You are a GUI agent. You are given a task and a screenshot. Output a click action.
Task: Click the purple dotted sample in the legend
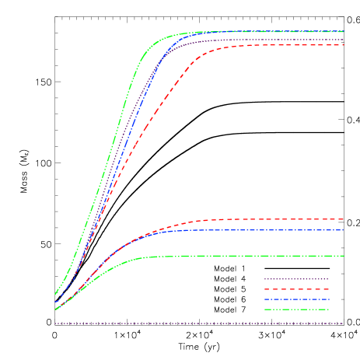click(x=295, y=279)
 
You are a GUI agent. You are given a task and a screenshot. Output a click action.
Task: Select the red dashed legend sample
click(x=295, y=289)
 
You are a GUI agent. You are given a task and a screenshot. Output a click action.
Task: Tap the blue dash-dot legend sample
click(x=295, y=299)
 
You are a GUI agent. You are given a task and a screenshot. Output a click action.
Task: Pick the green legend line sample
click(x=295, y=309)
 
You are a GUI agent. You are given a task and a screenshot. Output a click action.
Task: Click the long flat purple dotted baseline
click(x=194, y=323)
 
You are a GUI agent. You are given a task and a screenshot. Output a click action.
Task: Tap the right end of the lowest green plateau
click(x=343, y=256)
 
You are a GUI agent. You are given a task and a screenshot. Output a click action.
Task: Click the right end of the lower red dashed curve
click(x=343, y=219)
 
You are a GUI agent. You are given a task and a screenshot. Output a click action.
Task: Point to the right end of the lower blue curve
click(x=343, y=230)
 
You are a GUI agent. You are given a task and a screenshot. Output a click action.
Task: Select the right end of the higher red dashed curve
click(x=343, y=45)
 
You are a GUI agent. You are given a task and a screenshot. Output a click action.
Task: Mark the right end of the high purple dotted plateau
click(x=343, y=39)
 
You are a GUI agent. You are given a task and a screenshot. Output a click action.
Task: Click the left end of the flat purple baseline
click(x=55, y=323)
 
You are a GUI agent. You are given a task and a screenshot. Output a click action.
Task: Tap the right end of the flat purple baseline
click(x=343, y=323)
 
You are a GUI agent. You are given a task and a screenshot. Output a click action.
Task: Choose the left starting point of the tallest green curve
click(x=55, y=295)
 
